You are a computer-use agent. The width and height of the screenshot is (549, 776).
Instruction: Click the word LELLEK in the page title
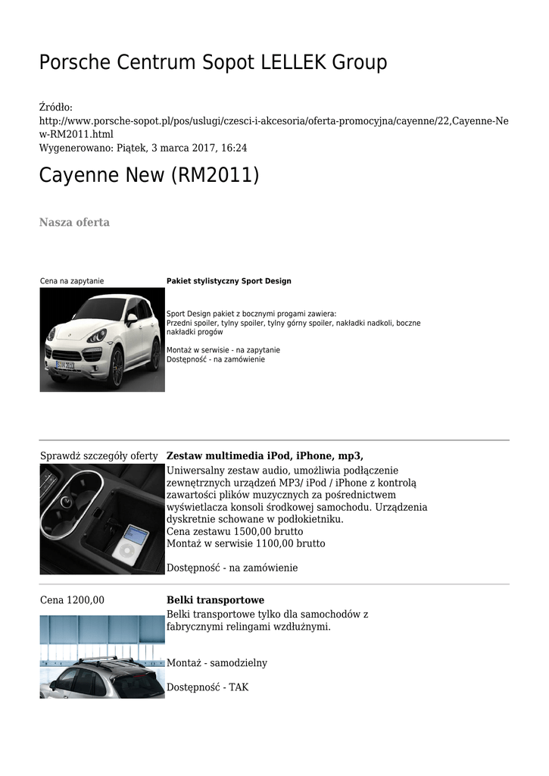pos(295,63)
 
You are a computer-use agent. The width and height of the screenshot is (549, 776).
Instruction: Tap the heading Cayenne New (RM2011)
pos(149,176)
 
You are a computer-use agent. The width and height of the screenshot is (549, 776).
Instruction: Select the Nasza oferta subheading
pos(74,222)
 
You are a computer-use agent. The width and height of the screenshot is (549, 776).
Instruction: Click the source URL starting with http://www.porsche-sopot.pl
pos(273,127)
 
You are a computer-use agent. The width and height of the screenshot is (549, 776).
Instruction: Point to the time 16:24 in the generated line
pos(233,148)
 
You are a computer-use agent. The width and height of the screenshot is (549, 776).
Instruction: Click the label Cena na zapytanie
pos(72,281)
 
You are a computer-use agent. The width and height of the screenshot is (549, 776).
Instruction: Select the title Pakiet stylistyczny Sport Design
pos(229,281)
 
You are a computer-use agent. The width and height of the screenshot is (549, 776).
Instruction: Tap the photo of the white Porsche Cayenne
pos(102,339)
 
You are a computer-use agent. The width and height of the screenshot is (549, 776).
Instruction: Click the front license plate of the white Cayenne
pos(65,365)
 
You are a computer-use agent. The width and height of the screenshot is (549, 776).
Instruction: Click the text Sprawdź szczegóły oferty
pos(98,455)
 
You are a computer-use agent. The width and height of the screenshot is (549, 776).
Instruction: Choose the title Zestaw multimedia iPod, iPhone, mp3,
pos(264,455)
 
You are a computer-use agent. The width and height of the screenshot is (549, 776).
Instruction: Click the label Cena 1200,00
pos(72,600)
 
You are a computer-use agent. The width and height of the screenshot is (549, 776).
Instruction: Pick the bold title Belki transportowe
pos(215,600)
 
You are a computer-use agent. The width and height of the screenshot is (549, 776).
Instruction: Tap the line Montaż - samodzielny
pos(217,663)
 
